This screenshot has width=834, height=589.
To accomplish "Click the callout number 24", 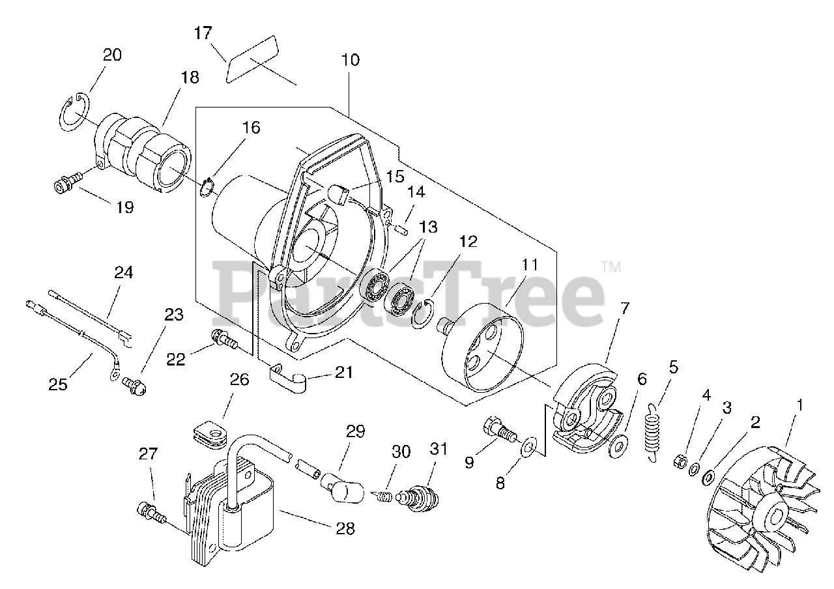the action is (123, 273).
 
